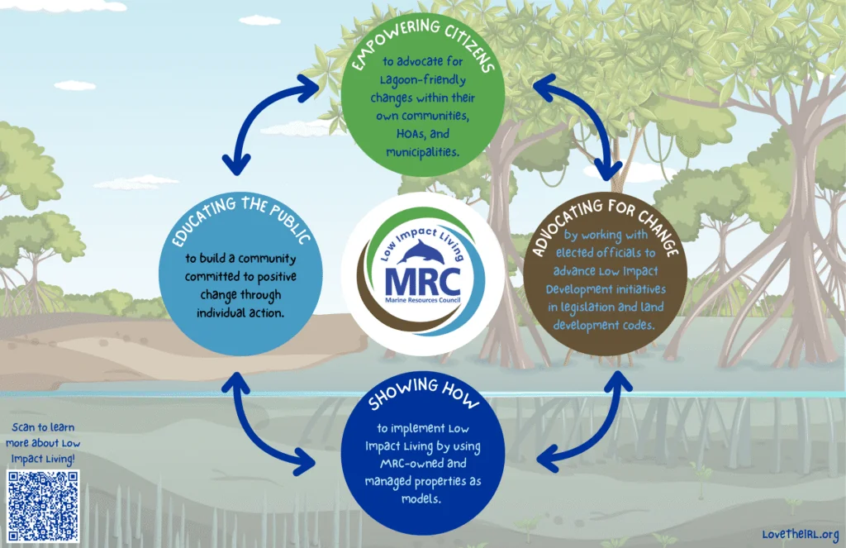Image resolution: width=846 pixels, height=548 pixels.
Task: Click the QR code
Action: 43,506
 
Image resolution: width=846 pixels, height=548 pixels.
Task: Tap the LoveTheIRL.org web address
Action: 801,535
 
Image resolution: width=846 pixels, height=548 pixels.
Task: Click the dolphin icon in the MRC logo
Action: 422,253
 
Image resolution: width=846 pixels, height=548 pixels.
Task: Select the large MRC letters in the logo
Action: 423,281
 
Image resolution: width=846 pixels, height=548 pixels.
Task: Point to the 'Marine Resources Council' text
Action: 423,300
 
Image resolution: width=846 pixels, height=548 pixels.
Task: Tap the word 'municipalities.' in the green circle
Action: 422,152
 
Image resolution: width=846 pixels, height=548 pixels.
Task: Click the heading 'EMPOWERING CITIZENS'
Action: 423,43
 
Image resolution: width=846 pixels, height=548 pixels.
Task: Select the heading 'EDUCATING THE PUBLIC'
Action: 240,219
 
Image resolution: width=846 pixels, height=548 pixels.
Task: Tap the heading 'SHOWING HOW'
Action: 423,393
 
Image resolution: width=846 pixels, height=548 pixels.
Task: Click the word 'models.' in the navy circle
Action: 421,499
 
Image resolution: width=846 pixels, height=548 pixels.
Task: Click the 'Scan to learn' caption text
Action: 43,427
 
